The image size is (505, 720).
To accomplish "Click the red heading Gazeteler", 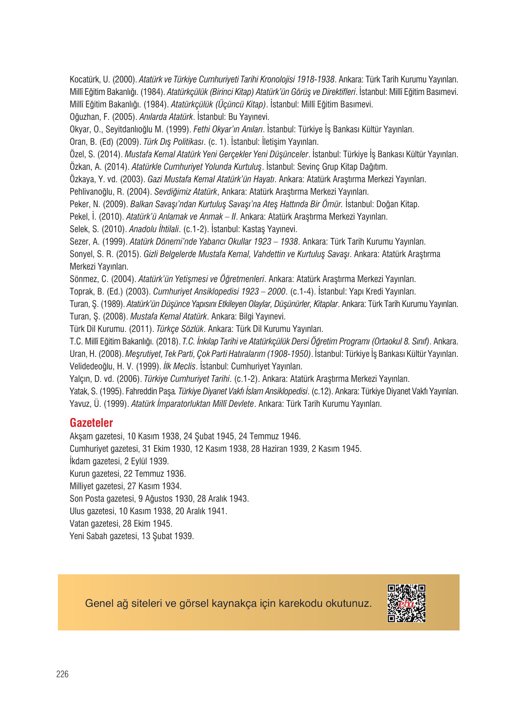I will (91, 423).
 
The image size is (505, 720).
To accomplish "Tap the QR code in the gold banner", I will (406, 603).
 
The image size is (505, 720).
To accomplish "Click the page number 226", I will (62, 674).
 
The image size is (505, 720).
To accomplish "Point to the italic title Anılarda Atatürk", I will (166, 117).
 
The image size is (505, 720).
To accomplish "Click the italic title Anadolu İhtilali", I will (154, 229).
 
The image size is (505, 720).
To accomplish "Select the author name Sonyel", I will (81, 254).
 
